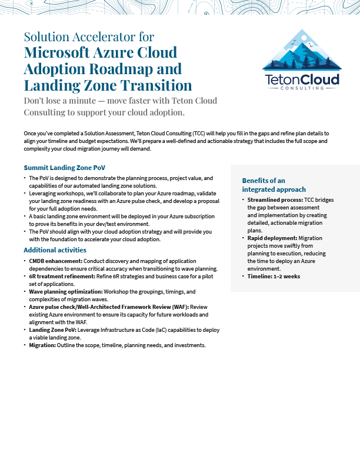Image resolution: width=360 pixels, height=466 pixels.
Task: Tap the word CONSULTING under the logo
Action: pos(301,88)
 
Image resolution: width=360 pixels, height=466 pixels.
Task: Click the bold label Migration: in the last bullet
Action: pos(42,345)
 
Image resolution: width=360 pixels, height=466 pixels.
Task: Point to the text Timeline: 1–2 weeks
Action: pos(274,276)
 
